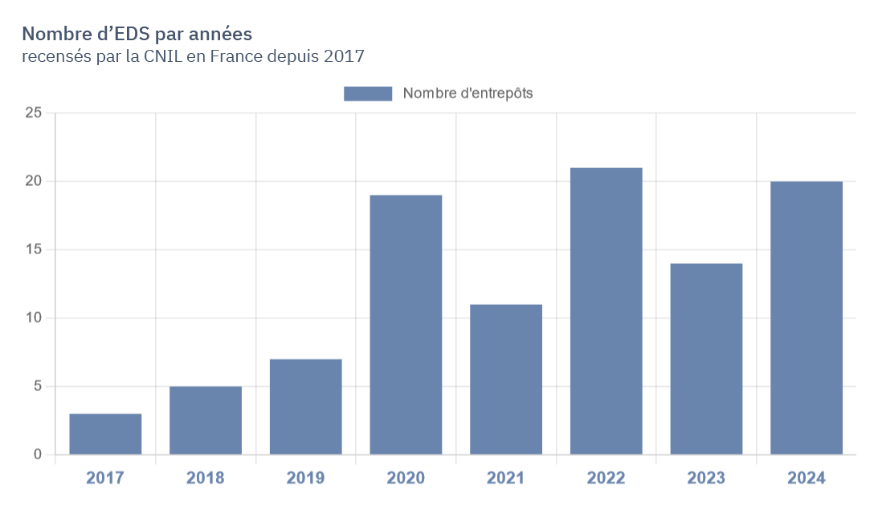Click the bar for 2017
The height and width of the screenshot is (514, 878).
[105, 434]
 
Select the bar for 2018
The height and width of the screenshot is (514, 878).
[206, 421]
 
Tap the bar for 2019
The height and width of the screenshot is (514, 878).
[306, 407]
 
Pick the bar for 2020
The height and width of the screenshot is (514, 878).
[406, 325]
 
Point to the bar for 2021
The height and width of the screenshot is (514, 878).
[506, 380]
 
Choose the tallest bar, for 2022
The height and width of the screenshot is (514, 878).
[606, 311]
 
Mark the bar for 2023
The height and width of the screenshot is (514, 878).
[706, 359]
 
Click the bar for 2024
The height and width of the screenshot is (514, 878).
[807, 318]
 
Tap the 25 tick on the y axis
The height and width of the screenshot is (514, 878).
[33, 113]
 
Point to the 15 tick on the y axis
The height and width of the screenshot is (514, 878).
[33, 249]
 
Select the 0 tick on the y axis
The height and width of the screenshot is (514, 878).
[37, 454]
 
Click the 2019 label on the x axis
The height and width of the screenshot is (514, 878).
[306, 478]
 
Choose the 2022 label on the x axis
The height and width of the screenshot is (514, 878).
[606, 478]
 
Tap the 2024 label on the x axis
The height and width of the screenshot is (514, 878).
[807, 478]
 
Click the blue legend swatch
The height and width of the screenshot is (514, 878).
[368, 93]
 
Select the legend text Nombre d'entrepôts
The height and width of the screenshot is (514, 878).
[468, 93]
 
